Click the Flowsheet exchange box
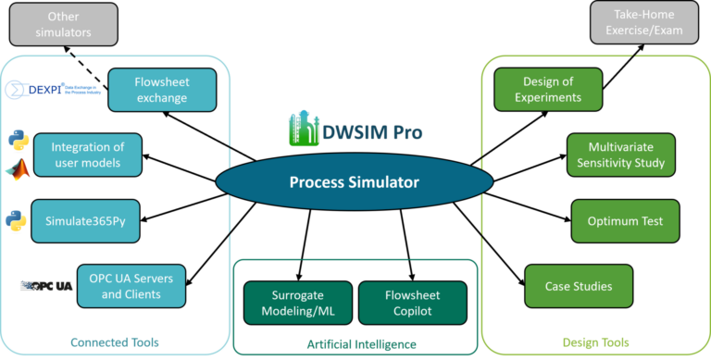point(162,90)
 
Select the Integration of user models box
point(88,155)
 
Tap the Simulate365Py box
point(85,221)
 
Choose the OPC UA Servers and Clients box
point(131,286)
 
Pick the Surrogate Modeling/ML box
point(298,303)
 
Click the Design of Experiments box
point(548,90)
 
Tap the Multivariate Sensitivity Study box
point(620,155)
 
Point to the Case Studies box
point(579,286)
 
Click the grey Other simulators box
point(63,23)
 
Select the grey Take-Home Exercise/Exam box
point(644,23)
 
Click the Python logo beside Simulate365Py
point(16,221)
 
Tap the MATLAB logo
point(16,169)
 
